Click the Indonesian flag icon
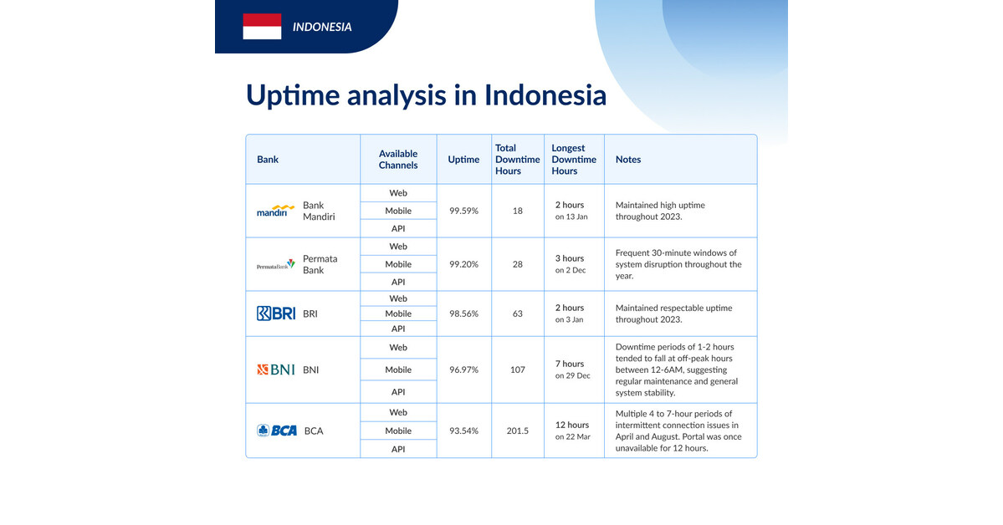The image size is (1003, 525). coord(262,27)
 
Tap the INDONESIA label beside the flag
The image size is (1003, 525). coord(322,27)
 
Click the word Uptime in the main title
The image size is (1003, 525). coord(293,94)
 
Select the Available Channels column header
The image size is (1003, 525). coord(398,159)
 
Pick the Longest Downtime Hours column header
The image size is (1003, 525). coord(574,159)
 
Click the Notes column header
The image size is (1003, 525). coord(628,159)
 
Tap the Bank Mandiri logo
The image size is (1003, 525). coord(276,211)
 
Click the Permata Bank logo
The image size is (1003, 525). coord(276,264)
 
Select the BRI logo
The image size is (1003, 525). coord(276,313)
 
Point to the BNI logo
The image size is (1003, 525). coord(276,370)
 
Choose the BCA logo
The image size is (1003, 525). coord(277,431)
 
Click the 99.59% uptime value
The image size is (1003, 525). coord(463,211)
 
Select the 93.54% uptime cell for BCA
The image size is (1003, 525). coord(463,431)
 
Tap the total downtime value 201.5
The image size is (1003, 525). coord(517,431)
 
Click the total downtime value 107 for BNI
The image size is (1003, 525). coord(517,370)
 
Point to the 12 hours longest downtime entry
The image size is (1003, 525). coord(573,425)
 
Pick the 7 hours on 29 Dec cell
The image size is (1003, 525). coord(573,370)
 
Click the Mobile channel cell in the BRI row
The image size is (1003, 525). coord(398,313)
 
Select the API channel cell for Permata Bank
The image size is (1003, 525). coord(398,282)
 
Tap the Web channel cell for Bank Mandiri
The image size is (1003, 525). coord(398,193)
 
